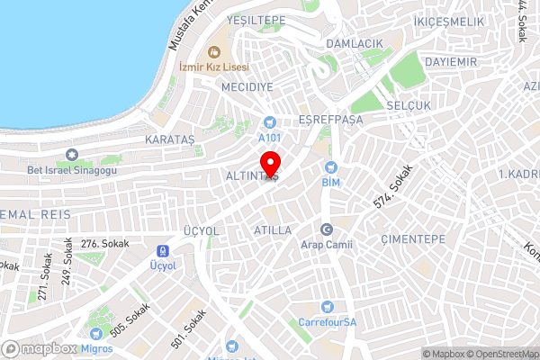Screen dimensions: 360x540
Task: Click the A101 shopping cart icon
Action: point(269,122)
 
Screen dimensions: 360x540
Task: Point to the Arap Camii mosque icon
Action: point(327,229)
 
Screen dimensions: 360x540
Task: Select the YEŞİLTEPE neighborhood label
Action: point(256,20)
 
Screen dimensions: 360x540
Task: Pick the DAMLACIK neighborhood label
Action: point(355,43)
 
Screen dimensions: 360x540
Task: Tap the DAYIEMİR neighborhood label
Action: point(451,61)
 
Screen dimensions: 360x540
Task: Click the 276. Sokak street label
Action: point(105,244)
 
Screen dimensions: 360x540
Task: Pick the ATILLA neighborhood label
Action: point(273,230)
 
